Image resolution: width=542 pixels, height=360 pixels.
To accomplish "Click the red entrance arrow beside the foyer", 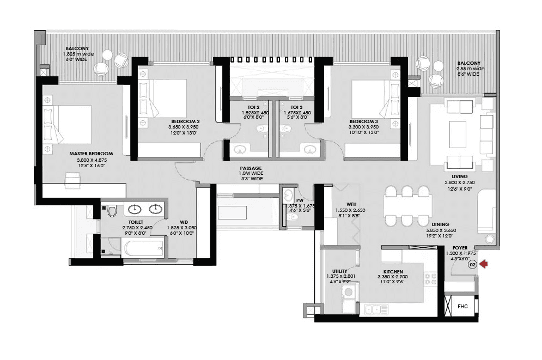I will (x=483, y=264).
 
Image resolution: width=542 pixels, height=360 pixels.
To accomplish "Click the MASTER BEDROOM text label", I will (x=91, y=154).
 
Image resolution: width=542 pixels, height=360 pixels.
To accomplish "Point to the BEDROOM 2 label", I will (x=185, y=121).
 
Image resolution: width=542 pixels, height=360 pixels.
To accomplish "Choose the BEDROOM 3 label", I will (x=363, y=121).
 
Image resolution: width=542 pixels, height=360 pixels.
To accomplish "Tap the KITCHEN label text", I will (x=393, y=271).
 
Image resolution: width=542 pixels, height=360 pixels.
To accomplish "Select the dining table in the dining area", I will (x=407, y=206).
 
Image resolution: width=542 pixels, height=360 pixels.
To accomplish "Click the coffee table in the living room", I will (x=458, y=134).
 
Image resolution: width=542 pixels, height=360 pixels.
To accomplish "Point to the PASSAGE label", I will (x=251, y=168).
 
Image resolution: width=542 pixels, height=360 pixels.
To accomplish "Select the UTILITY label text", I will (x=340, y=271).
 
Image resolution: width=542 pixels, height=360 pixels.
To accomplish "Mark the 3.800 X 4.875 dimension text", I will (x=91, y=160).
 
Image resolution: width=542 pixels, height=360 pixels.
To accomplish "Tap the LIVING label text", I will (x=456, y=176).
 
